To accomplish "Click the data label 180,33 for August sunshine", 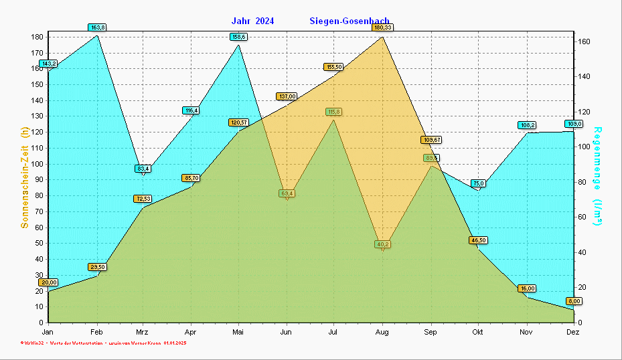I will (383, 27).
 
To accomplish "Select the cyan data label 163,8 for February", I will (97, 27).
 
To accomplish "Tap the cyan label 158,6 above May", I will (239, 37).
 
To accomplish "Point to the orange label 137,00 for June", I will (287, 96).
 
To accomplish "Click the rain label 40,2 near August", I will (382, 244).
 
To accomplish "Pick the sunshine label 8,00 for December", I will (574, 301).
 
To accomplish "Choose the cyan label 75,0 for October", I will (478, 183).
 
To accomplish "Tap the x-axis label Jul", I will (333, 332).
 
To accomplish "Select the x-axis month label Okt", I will (477, 332).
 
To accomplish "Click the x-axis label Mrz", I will (142, 332).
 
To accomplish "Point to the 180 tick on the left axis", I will (37, 37).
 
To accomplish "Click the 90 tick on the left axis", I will (39, 179).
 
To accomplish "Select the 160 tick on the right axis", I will (584, 41).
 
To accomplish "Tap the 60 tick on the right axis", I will (582, 217).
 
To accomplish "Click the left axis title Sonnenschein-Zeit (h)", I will (25, 179).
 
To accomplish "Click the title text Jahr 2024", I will (252, 21).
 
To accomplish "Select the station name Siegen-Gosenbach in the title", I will (349, 21).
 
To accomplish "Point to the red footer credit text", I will (103, 343).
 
